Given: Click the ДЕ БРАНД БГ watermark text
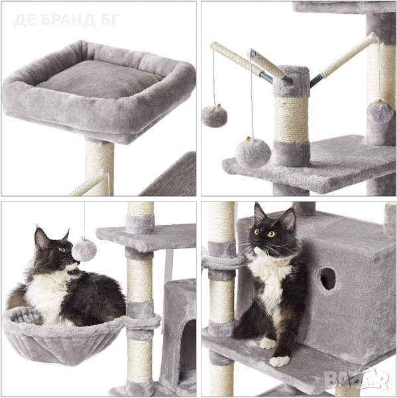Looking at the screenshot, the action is [66, 21].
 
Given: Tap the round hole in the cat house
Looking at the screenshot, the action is [327, 279].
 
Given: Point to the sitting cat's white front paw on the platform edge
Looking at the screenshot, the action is [279, 361].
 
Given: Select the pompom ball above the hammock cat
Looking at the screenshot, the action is [84, 250].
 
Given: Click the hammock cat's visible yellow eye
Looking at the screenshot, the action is [62, 249].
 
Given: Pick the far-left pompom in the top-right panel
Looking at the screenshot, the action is [215, 115].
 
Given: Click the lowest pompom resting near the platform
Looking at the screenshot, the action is [253, 153].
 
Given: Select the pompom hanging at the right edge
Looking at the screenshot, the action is [380, 111].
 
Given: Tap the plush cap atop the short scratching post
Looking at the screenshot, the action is [292, 81].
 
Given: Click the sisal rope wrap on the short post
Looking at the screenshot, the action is [292, 119].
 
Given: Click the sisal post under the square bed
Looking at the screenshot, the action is [99, 168].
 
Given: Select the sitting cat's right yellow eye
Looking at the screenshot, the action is [272, 234].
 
